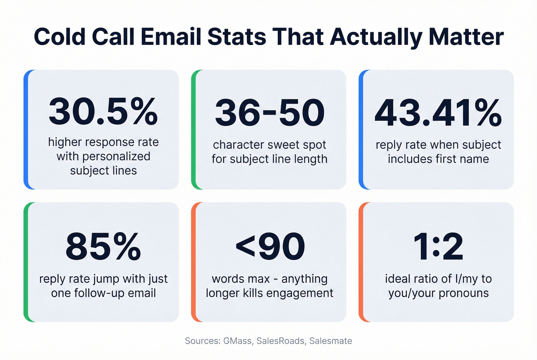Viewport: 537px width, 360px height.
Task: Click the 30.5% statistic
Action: coord(103,112)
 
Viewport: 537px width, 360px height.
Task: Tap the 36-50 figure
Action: coord(270,113)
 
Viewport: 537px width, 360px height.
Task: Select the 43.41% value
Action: coord(438,113)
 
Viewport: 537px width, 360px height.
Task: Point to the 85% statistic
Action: coord(103,246)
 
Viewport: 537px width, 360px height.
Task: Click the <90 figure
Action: coord(270,247)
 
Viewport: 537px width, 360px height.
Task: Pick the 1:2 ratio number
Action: coord(438,247)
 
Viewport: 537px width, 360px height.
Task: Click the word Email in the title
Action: coord(171,37)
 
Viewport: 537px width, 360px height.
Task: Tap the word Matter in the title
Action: coord(466,37)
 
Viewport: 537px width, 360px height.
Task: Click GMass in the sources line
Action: coord(237,341)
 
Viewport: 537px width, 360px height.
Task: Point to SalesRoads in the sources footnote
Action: coord(281,341)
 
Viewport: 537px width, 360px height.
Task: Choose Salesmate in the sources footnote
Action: coord(331,341)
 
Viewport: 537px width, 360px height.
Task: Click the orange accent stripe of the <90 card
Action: coord(194,262)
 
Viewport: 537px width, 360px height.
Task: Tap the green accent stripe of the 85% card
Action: coord(26,262)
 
